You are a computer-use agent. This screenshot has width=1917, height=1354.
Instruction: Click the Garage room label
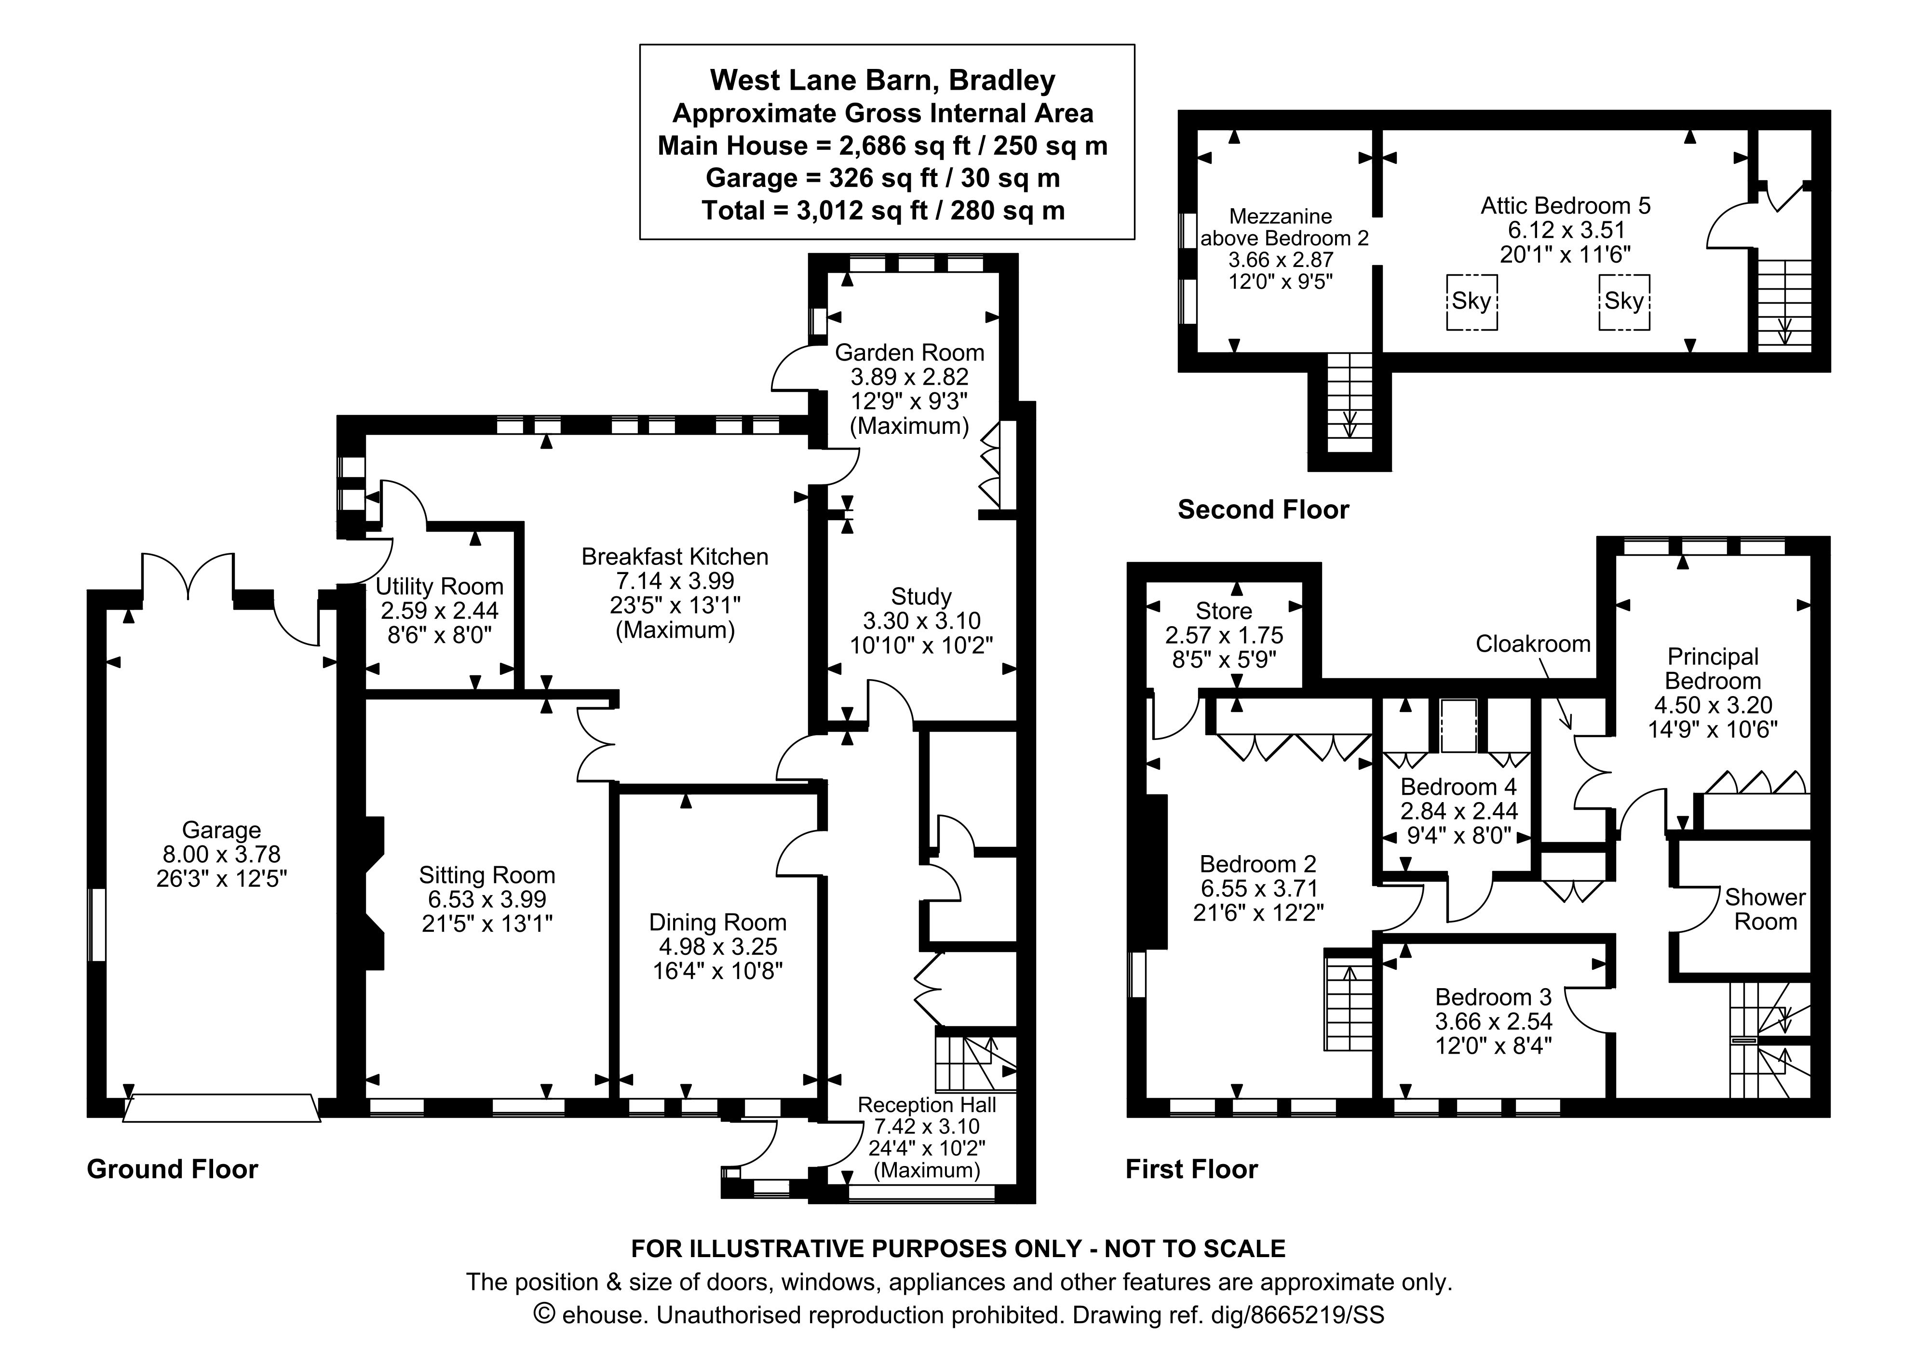pyautogui.click(x=221, y=830)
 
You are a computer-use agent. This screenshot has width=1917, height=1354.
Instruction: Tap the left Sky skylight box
pyautogui.click(x=1471, y=301)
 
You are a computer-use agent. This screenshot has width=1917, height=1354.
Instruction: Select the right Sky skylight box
pyautogui.click(x=1624, y=301)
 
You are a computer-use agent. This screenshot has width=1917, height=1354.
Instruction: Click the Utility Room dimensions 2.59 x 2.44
pyautogui.click(x=439, y=610)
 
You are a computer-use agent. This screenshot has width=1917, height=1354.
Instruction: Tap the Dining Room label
pyautogui.click(x=717, y=923)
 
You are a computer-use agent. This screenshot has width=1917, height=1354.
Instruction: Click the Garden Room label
pyautogui.click(x=909, y=352)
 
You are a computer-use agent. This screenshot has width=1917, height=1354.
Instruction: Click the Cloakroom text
pyautogui.click(x=1533, y=643)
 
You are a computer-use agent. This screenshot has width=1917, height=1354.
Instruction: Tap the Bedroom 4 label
pyautogui.click(x=1458, y=786)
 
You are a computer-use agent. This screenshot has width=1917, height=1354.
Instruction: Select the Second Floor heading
pyautogui.click(x=1262, y=509)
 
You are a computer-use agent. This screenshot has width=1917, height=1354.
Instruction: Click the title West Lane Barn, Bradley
pyautogui.click(x=882, y=80)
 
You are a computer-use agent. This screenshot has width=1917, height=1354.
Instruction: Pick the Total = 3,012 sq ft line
pyautogui.click(x=882, y=210)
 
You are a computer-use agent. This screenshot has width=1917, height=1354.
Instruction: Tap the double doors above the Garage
pyautogui.click(x=188, y=576)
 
